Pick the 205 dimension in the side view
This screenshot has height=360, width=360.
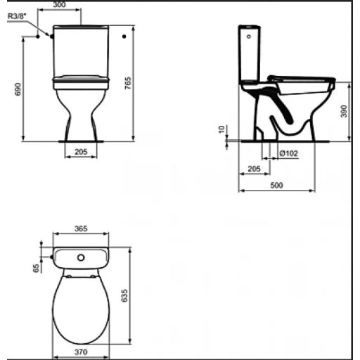click(x=255, y=169)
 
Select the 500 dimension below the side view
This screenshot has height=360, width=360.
click(x=276, y=185)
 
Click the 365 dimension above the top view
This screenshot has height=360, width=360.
click(x=81, y=229)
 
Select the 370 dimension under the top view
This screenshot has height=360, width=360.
click(x=82, y=352)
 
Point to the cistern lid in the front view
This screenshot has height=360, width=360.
click(x=81, y=30)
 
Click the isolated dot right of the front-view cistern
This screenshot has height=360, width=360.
click(x=123, y=35)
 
